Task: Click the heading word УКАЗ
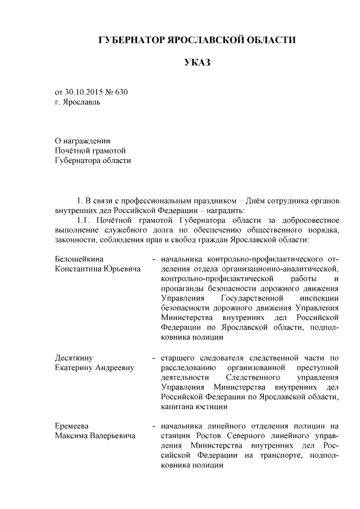[197, 62]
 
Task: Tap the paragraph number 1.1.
[83, 220]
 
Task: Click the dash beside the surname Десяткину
[154, 358]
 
